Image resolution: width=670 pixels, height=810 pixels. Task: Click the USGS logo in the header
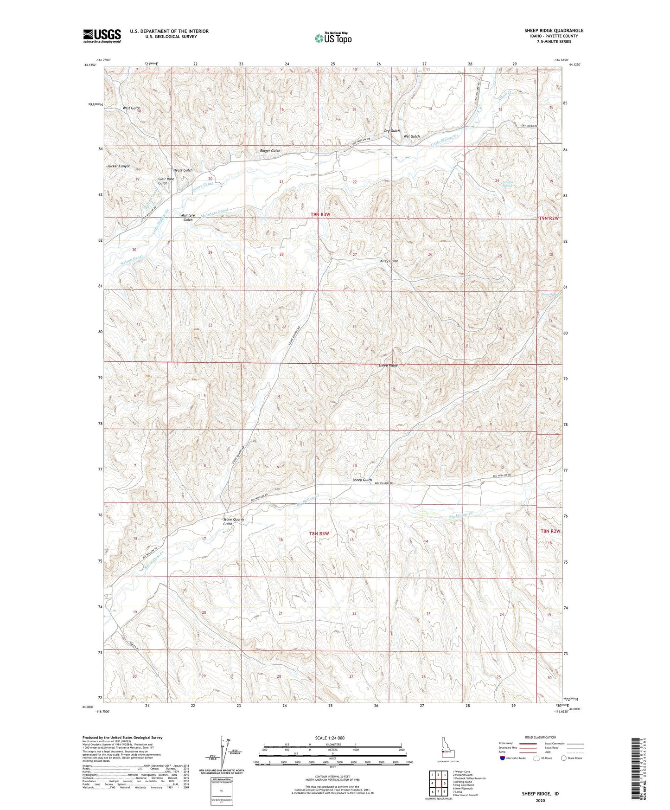pos(102,36)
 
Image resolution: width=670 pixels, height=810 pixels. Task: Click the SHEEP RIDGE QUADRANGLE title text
pos(554,31)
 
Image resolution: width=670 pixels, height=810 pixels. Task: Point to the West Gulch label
pos(131,108)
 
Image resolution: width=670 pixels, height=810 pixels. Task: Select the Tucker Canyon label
pos(119,166)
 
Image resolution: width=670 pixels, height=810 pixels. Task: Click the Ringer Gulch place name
pos(270,151)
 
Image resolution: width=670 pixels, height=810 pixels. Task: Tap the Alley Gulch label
pos(389,261)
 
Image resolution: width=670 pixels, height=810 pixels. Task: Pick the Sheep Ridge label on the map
pos(388,366)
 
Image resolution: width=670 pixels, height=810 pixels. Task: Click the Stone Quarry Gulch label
pos(233,522)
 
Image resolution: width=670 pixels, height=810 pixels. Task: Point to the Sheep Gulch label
pos(362,480)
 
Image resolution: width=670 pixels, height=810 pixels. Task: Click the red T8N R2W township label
pos(550,531)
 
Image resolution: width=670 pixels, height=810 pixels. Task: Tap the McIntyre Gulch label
pos(187,218)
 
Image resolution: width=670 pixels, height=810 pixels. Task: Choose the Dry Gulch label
pos(392,131)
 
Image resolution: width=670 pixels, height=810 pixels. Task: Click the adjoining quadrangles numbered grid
pos(438,784)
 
